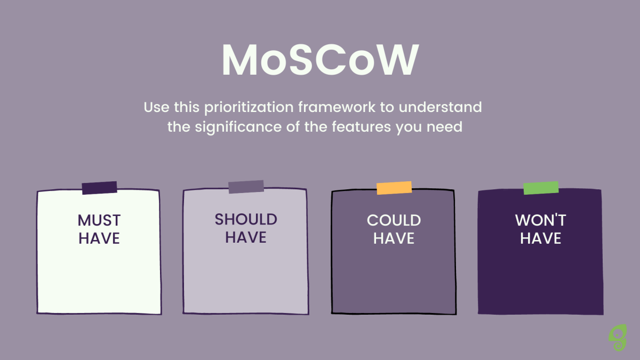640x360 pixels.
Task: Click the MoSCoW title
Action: click(x=321, y=60)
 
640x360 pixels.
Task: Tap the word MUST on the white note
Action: click(x=99, y=220)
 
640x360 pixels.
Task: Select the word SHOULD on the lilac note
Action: click(x=246, y=219)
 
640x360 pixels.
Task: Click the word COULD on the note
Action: click(x=394, y=220)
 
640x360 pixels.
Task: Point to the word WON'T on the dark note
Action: click(x=541, y=220)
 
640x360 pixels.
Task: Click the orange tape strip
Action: click(x=394, y=188)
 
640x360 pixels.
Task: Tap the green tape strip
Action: click(x=541, y=188)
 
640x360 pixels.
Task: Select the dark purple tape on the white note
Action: click(x=99, y=188)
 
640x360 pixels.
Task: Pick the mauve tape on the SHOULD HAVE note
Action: click(x=246, y=187)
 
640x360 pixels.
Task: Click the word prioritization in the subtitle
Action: click(x=249, y=108)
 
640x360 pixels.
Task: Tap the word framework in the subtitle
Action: click(x=337, y=107)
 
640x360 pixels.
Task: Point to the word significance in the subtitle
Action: click(x=238, y=127)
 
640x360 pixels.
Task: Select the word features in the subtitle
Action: click(x=361, y=126)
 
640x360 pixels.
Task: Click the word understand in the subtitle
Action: click(x=441, y=107)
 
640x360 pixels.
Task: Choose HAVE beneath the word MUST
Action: click(x=99, y=238)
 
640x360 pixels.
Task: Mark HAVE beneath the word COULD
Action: click(x=394, y=238)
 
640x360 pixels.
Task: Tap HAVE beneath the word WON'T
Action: click(x=541, y=238)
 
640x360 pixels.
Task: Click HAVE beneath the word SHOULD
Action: click(x=246, y=237)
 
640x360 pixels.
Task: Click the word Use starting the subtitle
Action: click(x=157, y=107)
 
